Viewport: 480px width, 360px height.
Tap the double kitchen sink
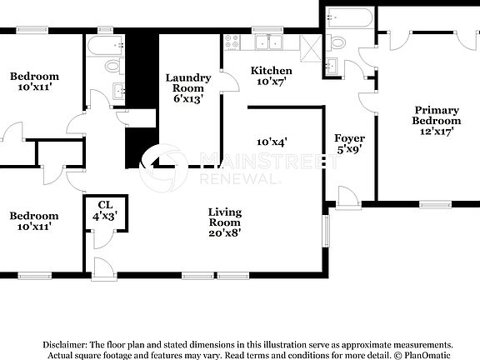click(268, 42)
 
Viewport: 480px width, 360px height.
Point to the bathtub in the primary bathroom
click(342, 17)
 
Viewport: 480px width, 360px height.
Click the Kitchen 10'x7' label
click(272, 77)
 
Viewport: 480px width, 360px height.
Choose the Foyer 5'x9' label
click(350, 143)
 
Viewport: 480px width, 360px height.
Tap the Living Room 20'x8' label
click(225, 222)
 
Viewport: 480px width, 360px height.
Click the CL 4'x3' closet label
click(105, 210)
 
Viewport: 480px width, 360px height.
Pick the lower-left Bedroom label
click(34, 221)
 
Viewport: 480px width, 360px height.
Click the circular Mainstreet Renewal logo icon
click(163, 167)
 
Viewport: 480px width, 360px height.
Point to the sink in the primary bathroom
click(332, 67)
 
